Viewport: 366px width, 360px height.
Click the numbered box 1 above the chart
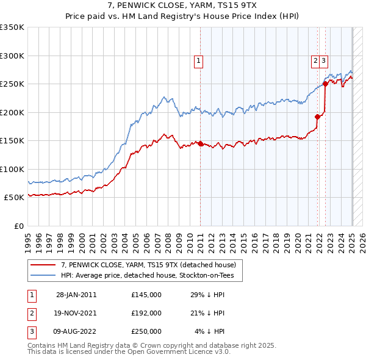pyautogui.click(x=199, y=60)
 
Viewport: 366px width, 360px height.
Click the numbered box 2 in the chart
pyautogui.click(x=315, y=60)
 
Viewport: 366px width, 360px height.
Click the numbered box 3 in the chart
pyautogui.click(x=323, y=60)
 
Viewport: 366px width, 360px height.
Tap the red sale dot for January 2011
pyautogui.click(x=201, y=143)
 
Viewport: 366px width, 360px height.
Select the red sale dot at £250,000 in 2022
pyautogui.click(x=325, y=85)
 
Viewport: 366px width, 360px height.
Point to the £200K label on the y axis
pyautogui.click(x=13, y=112)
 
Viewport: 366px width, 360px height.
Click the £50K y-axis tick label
pyautogui.click(x=15, y=198)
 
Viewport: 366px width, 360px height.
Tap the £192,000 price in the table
pyautogui.click(x=146, y=313)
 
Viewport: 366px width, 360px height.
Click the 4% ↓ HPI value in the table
pyautogui.click(x=210, y=331)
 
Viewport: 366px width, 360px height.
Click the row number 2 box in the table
pyautogui.click(x=31, y=313)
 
